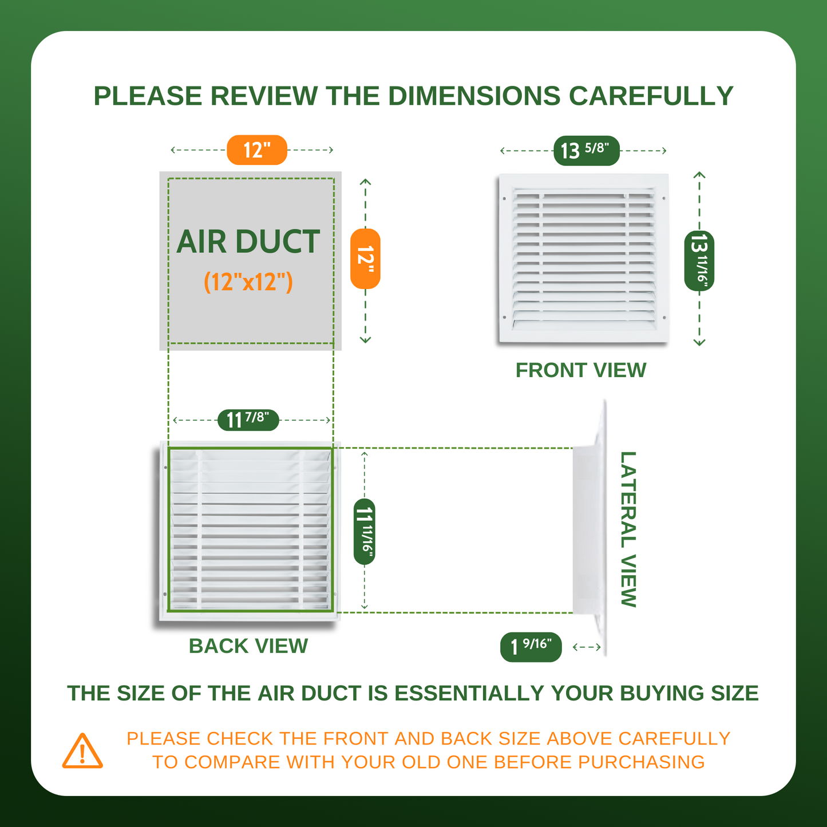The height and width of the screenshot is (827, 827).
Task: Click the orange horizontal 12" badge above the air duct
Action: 256,150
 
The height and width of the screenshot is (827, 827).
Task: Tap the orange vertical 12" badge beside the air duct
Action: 365,258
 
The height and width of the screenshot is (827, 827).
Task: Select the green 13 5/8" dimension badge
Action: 587,151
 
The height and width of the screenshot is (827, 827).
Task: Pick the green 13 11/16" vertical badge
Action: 699,260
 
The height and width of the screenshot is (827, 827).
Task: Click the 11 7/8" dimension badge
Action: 248,420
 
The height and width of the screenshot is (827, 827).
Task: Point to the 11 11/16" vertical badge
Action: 365,531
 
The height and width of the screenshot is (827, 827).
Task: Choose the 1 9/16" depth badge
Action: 531,647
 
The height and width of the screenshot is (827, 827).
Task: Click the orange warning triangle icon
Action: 82,752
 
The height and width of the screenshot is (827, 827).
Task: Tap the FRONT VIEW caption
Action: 581,370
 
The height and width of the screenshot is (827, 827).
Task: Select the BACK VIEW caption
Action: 248,646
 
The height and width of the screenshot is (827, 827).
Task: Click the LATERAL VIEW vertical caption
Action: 628,529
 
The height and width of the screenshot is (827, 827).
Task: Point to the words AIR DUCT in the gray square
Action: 248,241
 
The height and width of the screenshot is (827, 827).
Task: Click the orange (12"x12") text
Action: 248,282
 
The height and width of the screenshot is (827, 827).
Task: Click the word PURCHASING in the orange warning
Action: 641,762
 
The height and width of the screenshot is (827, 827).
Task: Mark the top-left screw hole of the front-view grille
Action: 504,199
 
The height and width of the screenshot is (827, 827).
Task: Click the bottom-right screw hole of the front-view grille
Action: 664,318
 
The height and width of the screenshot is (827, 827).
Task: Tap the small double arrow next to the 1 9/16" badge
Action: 587,647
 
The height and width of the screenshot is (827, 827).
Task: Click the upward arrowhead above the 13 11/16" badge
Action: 699,175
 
